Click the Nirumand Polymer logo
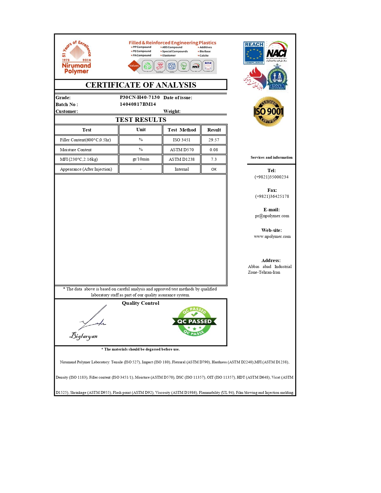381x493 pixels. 76,58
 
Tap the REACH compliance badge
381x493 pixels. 254,53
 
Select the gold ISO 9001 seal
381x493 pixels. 268,111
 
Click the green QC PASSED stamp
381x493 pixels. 195,321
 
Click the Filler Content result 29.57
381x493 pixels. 214,140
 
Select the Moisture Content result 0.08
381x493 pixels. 214,150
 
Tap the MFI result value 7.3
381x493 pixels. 214,159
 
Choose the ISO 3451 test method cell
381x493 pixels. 181,140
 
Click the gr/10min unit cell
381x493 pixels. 141,159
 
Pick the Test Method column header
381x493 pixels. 182,130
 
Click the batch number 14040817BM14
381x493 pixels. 138,104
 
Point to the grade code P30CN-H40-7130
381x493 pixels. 140,97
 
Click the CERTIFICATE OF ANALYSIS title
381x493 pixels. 141,85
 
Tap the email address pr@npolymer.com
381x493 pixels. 272,216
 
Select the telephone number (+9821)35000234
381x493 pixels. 271,177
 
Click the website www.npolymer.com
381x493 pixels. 272,236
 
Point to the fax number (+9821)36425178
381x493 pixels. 272,196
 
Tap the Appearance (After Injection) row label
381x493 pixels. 86,169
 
